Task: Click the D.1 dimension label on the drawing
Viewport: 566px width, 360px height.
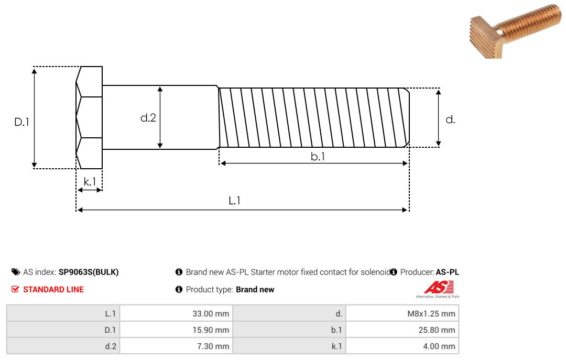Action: point(21,122)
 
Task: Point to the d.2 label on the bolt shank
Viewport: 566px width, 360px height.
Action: point(148,118)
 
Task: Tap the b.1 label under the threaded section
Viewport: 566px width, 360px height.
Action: point(318,156)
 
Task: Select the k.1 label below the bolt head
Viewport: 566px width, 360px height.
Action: point(90,181)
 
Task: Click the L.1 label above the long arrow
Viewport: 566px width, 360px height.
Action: point(235,200)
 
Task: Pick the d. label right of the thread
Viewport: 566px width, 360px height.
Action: point(450,119)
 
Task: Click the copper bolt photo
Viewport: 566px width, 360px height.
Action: point(516,31)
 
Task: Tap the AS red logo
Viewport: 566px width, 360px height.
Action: point(438,289)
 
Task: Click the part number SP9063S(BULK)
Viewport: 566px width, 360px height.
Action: point(89,272)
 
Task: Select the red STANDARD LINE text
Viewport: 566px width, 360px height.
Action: point(53,290)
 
